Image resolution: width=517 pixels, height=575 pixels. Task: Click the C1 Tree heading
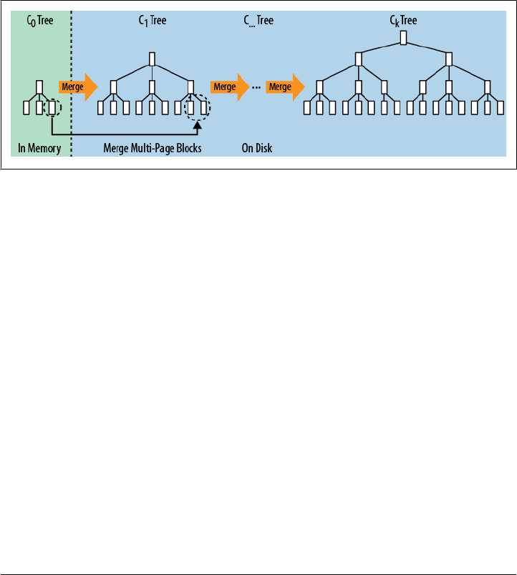(153, 21)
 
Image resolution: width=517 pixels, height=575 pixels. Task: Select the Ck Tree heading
(404, 21)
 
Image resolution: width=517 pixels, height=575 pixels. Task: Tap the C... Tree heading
(258, 21)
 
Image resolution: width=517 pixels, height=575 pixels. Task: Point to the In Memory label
(39, 149)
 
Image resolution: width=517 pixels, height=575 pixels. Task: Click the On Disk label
(256, 149)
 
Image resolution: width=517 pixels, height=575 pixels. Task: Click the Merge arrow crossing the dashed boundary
(77, 87)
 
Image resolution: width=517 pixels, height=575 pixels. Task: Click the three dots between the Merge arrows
(256, 87)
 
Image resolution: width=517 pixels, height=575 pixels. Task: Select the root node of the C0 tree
(39, 87)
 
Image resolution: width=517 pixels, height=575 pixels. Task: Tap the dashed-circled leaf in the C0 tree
(52, 108)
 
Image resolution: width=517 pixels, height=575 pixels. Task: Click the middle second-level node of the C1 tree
(153, 87)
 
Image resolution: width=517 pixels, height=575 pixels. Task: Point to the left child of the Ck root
(359, 59)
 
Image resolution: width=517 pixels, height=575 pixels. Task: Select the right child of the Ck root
(449, 59)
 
